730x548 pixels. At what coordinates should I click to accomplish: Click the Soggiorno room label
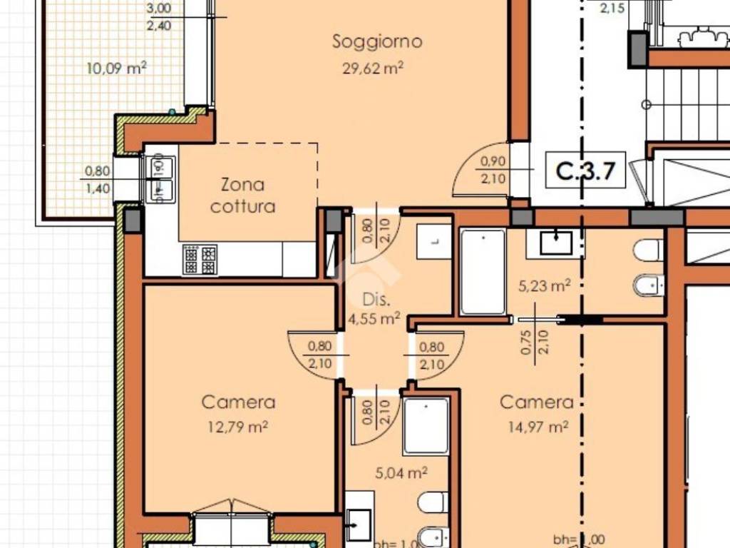click(377, 41)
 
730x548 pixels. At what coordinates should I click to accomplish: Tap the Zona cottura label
click(242, 196)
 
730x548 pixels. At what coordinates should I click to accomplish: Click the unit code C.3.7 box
click(585, 171)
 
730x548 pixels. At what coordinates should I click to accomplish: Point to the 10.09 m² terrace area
click(116, 68)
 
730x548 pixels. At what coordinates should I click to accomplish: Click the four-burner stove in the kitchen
click(200, 260)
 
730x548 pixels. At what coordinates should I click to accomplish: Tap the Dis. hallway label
click(374, 300)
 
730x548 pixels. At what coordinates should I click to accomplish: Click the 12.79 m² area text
click(238, 427)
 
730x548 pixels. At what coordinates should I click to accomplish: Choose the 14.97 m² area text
click(538, 427)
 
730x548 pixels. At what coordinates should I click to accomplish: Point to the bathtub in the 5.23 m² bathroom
click(483, 271)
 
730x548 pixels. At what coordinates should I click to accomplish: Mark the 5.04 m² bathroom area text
click(401, 472)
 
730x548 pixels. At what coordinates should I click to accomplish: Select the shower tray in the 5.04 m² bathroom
click(426, 426)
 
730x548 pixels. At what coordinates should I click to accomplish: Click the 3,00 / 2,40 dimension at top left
click(158, 16)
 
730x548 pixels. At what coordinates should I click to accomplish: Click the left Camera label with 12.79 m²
click(238, 402)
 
